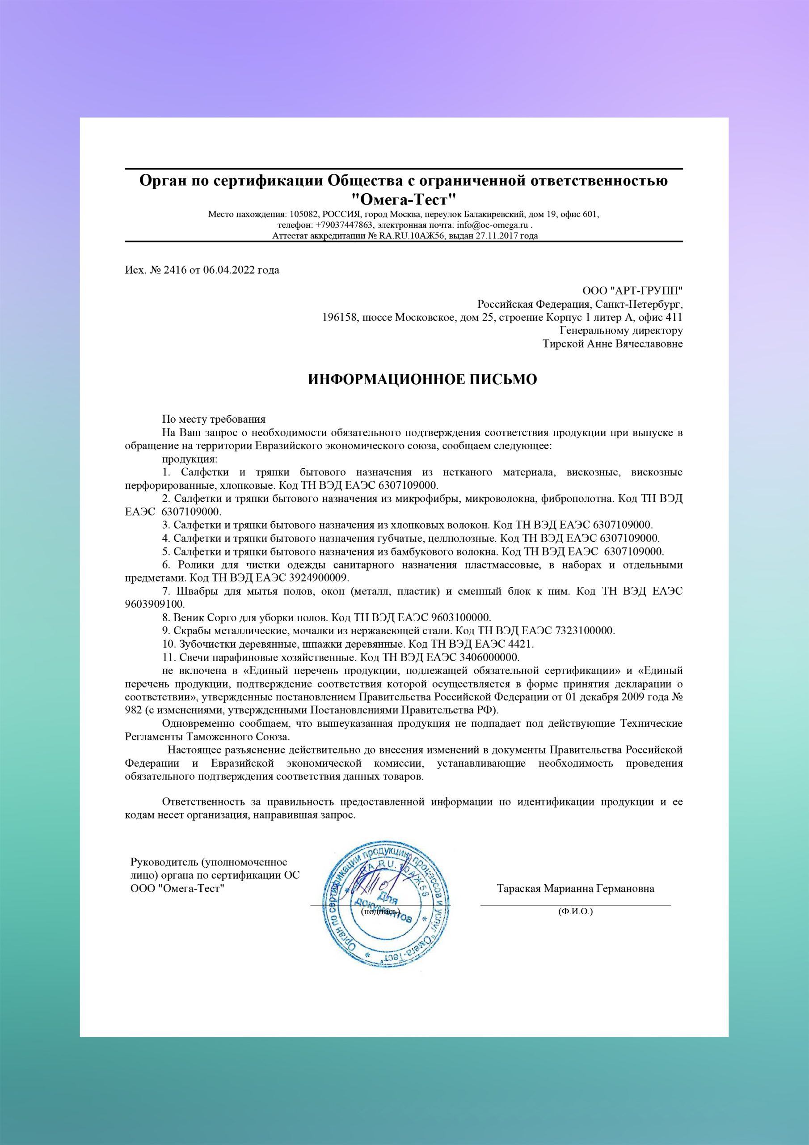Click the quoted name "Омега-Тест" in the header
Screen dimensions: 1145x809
click(404, 200)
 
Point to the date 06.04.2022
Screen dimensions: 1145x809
click(229, 270)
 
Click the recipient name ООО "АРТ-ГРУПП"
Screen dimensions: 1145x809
click(632, 291)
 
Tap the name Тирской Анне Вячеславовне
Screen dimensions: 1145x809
click(613, 344)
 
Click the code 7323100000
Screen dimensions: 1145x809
click(584, 631)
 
